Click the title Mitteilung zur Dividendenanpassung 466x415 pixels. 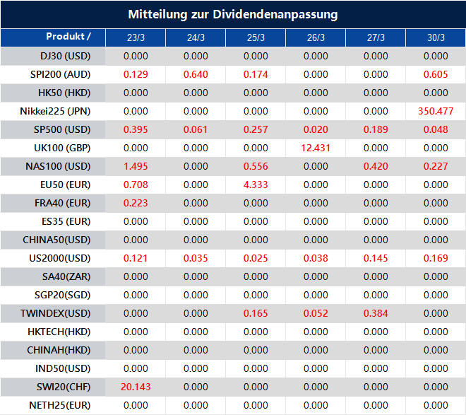(233, 14)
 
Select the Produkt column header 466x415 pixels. (68, 37)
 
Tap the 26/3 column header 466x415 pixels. (316, 37)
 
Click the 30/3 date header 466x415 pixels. (436, 37)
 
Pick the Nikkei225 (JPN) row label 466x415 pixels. (55, 111)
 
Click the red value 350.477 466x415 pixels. (436, 111)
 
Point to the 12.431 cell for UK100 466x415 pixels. (316, 148)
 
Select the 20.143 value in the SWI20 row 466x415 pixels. (136, 387)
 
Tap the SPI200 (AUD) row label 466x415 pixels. (55, 74)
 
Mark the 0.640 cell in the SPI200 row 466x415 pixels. (196, 74)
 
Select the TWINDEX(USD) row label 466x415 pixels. (55, 313)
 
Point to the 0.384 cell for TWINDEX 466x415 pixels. (376, 313)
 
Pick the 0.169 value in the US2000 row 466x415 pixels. (436, 258)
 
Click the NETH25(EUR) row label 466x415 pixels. (55, 405)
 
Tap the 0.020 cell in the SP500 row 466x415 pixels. (316, 129)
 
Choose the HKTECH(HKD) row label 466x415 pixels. (55, 332)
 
